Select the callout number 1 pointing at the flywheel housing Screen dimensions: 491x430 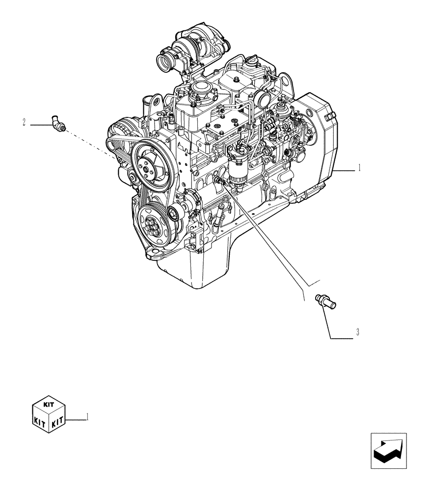(359, 168)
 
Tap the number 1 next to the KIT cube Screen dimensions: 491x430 (87, 417)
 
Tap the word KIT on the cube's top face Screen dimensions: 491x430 (49, 405)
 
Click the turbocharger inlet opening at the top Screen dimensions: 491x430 (163, 62)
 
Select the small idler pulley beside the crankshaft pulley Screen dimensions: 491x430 (173, 214)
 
